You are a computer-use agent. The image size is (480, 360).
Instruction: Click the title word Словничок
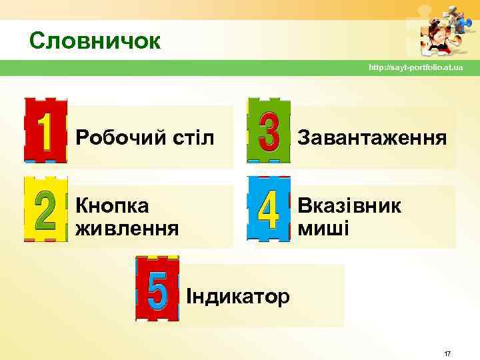[95, 41]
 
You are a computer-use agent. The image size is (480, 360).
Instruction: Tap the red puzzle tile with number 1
[45, 131]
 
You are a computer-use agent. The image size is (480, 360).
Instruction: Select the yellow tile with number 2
[45, 209]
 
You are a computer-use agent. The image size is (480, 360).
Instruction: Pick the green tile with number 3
[269, 131]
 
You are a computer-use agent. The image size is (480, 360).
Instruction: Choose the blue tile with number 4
[269, 209]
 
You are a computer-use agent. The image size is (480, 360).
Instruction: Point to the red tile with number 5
[157, 288]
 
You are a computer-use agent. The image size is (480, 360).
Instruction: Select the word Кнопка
[112, 205]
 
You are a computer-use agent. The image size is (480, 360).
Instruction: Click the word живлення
[127, 229]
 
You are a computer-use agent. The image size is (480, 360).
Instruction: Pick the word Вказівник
[349, 205]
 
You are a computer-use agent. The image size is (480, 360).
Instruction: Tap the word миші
[323, 229]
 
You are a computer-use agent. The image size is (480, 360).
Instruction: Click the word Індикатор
[238, 295]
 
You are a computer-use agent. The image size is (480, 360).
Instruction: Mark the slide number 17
[447, 353]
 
